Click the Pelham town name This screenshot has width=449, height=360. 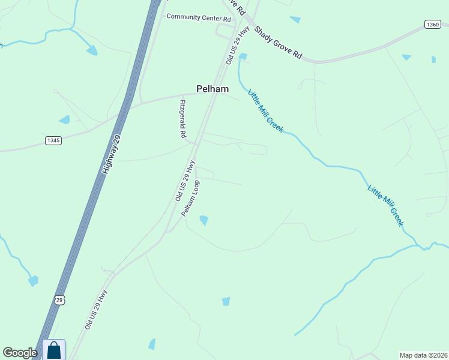point(212,89)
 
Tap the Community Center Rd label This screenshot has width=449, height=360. point(199,17)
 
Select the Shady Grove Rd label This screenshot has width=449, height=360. point(277,42)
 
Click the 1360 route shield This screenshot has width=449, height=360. point(432,24)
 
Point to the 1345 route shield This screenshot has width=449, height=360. point(53,140)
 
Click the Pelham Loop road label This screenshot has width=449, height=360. point(191,199)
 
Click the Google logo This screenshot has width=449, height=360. point(20,353)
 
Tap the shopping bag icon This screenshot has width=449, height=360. point(53,350)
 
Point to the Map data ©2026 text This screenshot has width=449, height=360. point(424,355)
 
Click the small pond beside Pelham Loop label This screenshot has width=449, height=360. point(204,221)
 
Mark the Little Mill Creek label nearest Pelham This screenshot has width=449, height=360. point(265,110)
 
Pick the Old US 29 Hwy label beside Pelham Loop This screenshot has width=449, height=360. point(185,180)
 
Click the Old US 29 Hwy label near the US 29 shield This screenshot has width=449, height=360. point(96,310)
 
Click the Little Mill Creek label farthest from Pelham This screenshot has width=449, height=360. point(385,206)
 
